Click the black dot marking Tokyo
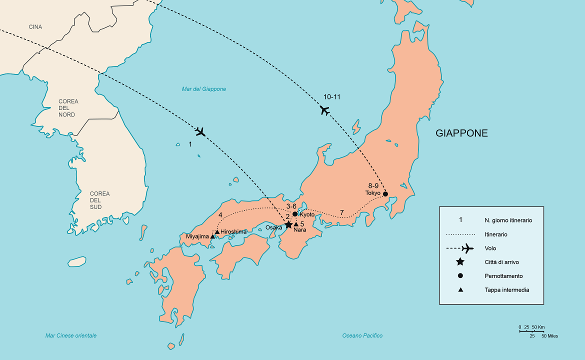[x=385, y=194]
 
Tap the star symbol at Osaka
[x=288, y=224]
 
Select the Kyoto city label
[x=307, y=214]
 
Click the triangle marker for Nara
[x=296, y=224]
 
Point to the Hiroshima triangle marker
[x=217, y=232]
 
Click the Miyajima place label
[x=197, y=236]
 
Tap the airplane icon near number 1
[x=200, y=132]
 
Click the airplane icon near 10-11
[x=325, y=110]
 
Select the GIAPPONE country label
[x=461, y=133]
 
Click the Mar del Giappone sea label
[x=204, y=89]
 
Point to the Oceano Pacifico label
[x=362, y=335]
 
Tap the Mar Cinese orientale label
[x=70, y=335]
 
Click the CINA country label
[x=35, y=27]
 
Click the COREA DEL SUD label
[x=99, y=200]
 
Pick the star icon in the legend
[x=460, y=262]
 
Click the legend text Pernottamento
[x=503, y=276]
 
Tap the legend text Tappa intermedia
[x=506, y=290]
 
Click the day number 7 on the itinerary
[x=341, y=212]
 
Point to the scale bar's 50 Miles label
[x=549, y=336]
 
